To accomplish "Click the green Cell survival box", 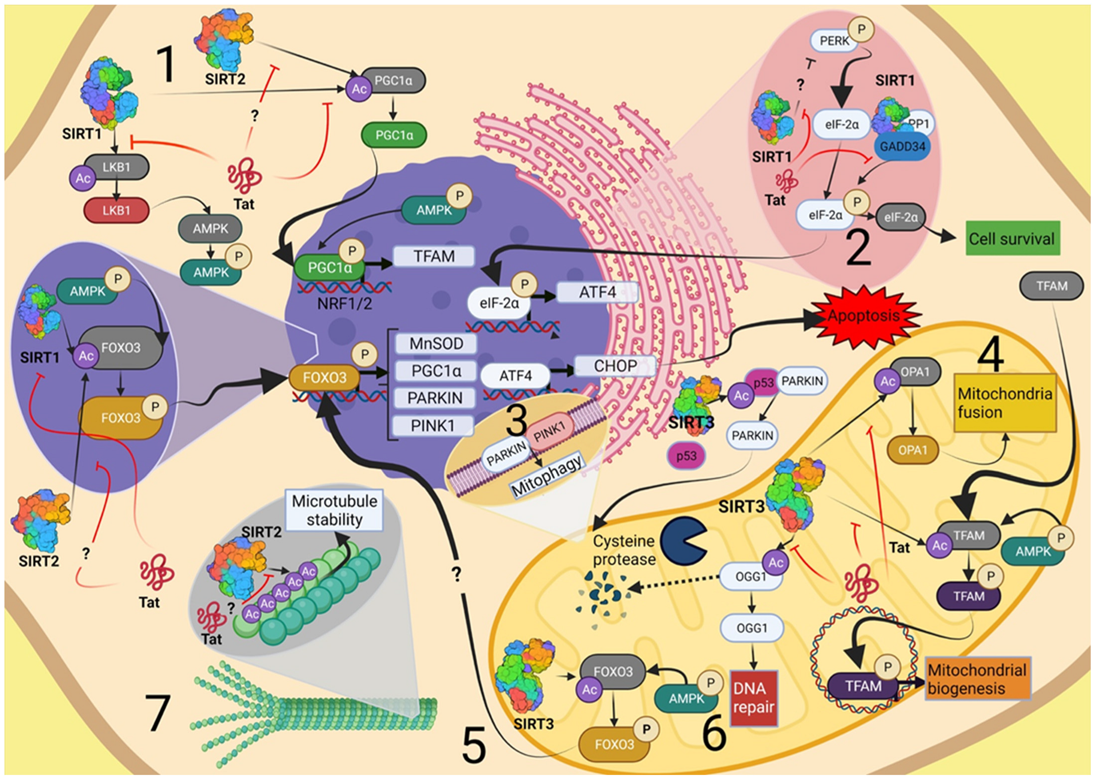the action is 1013,239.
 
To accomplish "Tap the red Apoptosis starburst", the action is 864,316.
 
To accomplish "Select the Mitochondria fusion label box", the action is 1005,402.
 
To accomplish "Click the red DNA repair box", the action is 754,698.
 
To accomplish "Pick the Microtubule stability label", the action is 334,510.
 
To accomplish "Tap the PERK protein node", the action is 834,40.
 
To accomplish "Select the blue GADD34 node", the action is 902,146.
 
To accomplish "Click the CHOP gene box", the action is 615,366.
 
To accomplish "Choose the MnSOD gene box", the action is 436,344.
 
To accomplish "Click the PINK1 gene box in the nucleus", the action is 432,426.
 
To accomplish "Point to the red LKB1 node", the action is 117,210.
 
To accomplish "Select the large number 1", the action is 166,64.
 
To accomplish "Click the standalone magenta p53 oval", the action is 686,456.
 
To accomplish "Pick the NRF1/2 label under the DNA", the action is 344,303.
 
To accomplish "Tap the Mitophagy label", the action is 547,475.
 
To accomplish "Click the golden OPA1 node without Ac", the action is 913,450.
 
